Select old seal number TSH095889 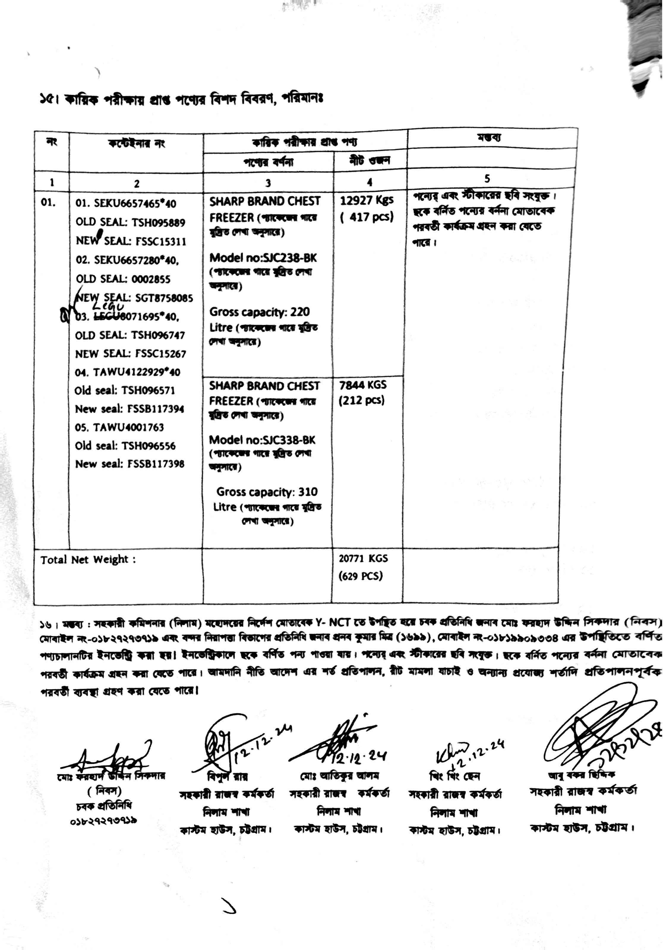(x=159, y=223)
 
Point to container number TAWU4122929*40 (x=137, y=372)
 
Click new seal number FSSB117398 (x=156, y=464)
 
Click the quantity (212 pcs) (x=362, y=400)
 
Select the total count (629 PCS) (x=361, y=576)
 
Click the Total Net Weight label (x=88, y=560)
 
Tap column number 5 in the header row (x=487, y=179)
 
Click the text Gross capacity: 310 (x=267, y=492)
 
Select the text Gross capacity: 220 (x=260, y=312)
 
